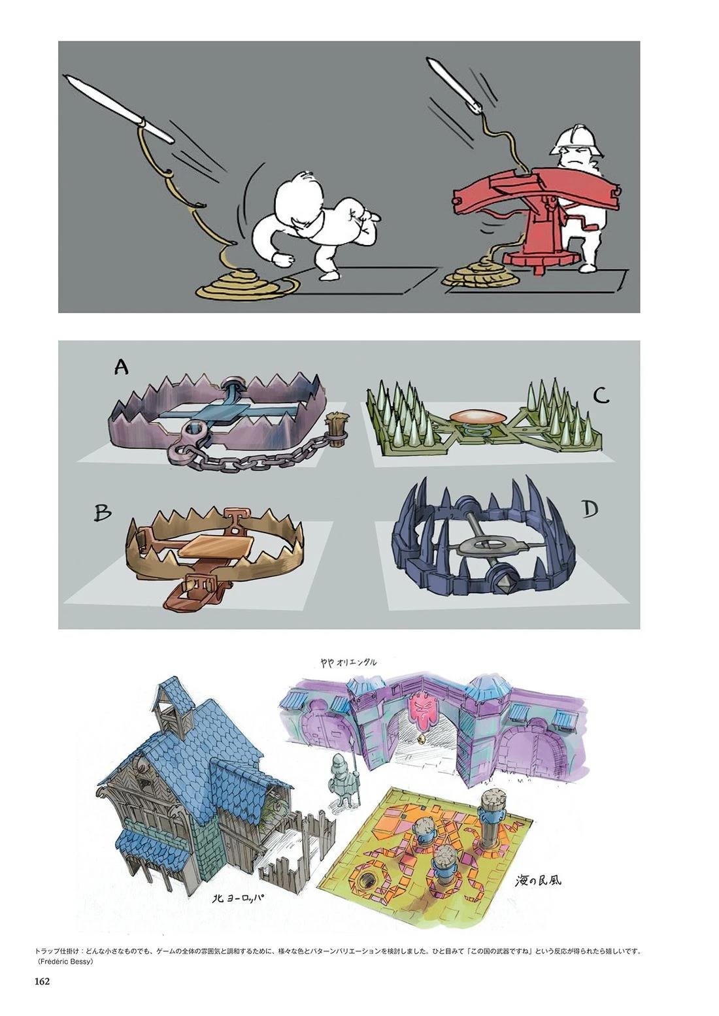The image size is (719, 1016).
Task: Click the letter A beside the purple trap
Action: click(121, 366)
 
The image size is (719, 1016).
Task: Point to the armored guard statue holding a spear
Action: click(342, 778)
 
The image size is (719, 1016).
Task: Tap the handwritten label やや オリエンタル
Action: click(347, 662)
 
